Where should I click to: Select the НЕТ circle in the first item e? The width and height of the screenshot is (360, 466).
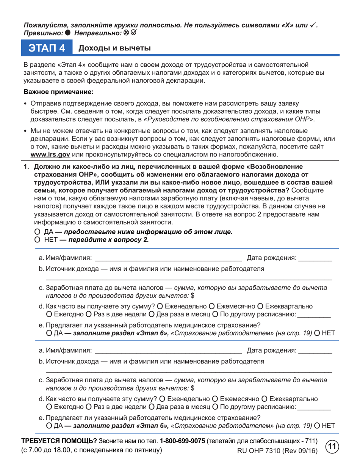(x=317, y=333)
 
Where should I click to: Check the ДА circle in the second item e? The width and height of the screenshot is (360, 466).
(x=49, y=426)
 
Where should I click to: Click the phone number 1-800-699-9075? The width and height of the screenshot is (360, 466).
(x=182, y=442)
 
